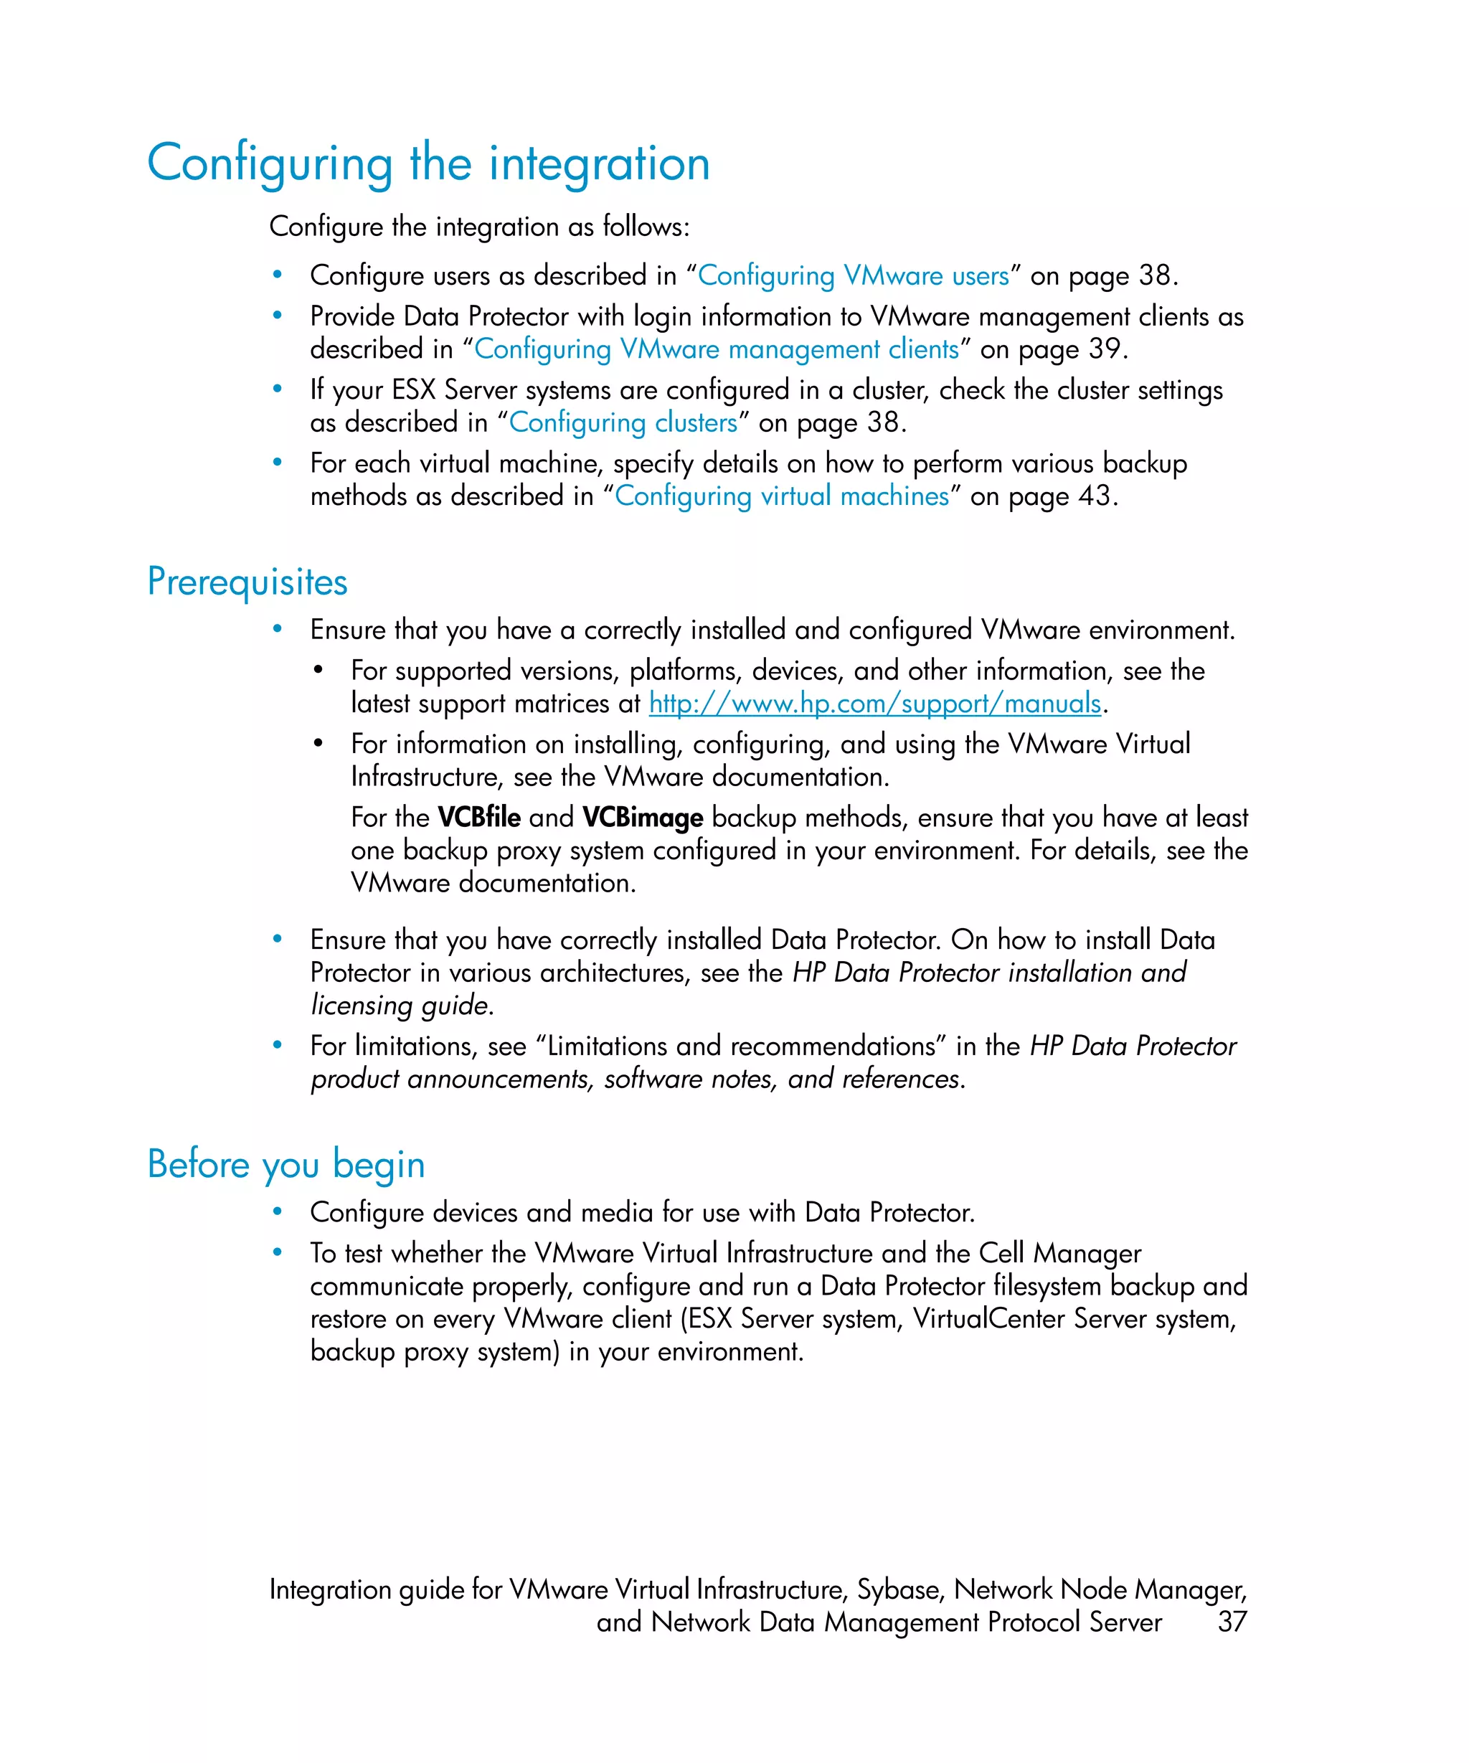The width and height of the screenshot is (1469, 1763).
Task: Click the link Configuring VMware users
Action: click(x=853, y=275)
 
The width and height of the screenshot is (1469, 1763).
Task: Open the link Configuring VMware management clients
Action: click(x=716, y=349)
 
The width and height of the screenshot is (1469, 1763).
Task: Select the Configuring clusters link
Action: click(x=623, y=422)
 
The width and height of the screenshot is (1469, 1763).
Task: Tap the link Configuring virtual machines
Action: click(x=782, y=496)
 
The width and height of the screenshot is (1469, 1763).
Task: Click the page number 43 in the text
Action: click(x=1094, y=496)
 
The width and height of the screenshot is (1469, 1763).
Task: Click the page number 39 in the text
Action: click(x=1104, y=349)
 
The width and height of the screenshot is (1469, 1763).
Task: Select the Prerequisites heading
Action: click(x=247, y=582)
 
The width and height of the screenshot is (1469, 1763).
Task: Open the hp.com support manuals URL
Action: click(x=874, y=703)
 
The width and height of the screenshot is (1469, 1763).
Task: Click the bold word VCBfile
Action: click(x=478, y=817)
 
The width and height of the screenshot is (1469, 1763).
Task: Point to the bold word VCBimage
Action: click(x=642, y=817)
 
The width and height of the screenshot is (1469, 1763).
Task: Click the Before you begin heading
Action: click(x=285, y=1164)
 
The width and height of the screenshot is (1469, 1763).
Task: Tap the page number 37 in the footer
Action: click(x=1232, y=1621)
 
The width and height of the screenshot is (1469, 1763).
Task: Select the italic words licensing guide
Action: click(x=400, y=1005)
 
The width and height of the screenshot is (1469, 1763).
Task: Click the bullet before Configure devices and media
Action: click(x=277, y=1211)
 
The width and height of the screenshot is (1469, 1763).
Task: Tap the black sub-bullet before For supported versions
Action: click(x=318, y=670)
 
